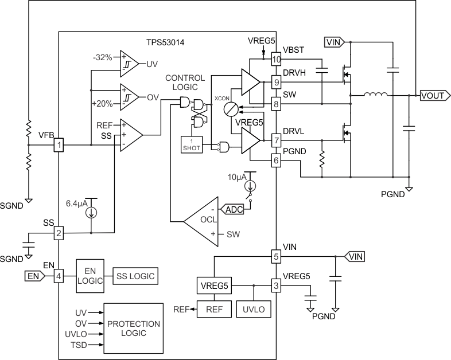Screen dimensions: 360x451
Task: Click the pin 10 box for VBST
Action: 277,58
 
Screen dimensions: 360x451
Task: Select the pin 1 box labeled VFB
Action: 59,146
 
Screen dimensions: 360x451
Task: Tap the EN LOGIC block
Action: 89,276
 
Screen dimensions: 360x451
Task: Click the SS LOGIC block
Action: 135,276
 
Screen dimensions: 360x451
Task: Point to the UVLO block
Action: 253,308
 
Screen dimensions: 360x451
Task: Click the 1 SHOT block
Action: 191,145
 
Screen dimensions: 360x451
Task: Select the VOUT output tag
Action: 433,95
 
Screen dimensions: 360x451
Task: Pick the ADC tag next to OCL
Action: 232,210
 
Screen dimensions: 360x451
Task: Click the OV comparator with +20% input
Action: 129,97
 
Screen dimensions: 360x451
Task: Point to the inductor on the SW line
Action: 375,95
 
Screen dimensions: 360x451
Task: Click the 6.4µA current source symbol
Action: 91,212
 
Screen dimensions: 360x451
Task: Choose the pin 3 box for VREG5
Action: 277,285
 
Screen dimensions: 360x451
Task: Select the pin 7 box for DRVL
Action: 277,140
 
